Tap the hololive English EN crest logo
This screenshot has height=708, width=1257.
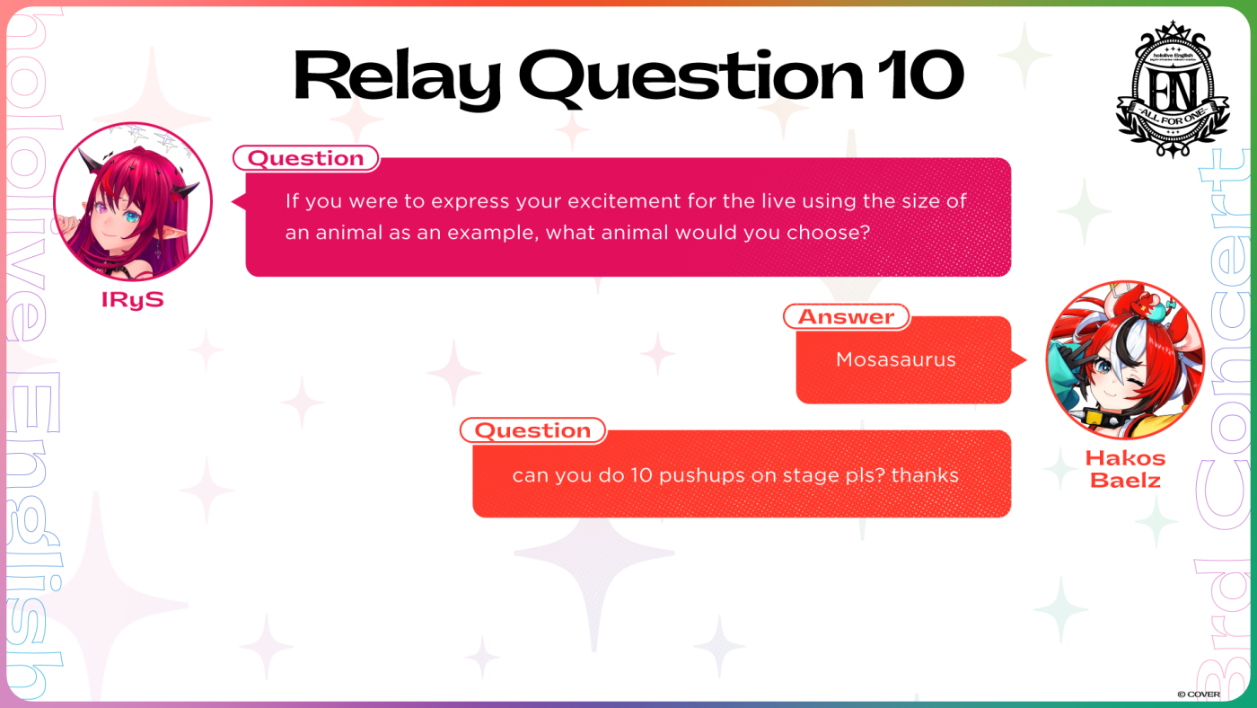click(x=1173, y=90)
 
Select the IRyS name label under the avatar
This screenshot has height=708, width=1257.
click(x=133, y=300)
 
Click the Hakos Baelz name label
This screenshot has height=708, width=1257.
click(x=1125, y=469)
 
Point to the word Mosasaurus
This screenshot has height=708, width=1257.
click(x=896, y=359)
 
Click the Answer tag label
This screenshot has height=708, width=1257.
click(x=846, y=316)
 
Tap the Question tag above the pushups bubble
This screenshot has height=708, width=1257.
click(x=532, y=430)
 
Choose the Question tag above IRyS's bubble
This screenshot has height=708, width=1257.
click(x=306, y=158)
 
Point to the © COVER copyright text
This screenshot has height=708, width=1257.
click(x=1199, y=695)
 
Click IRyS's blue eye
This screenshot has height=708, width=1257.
click(x=131, y=217)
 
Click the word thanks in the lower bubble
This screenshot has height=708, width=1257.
click(x=925, y=475)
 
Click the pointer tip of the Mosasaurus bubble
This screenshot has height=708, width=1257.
click(x=1025, y=360)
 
